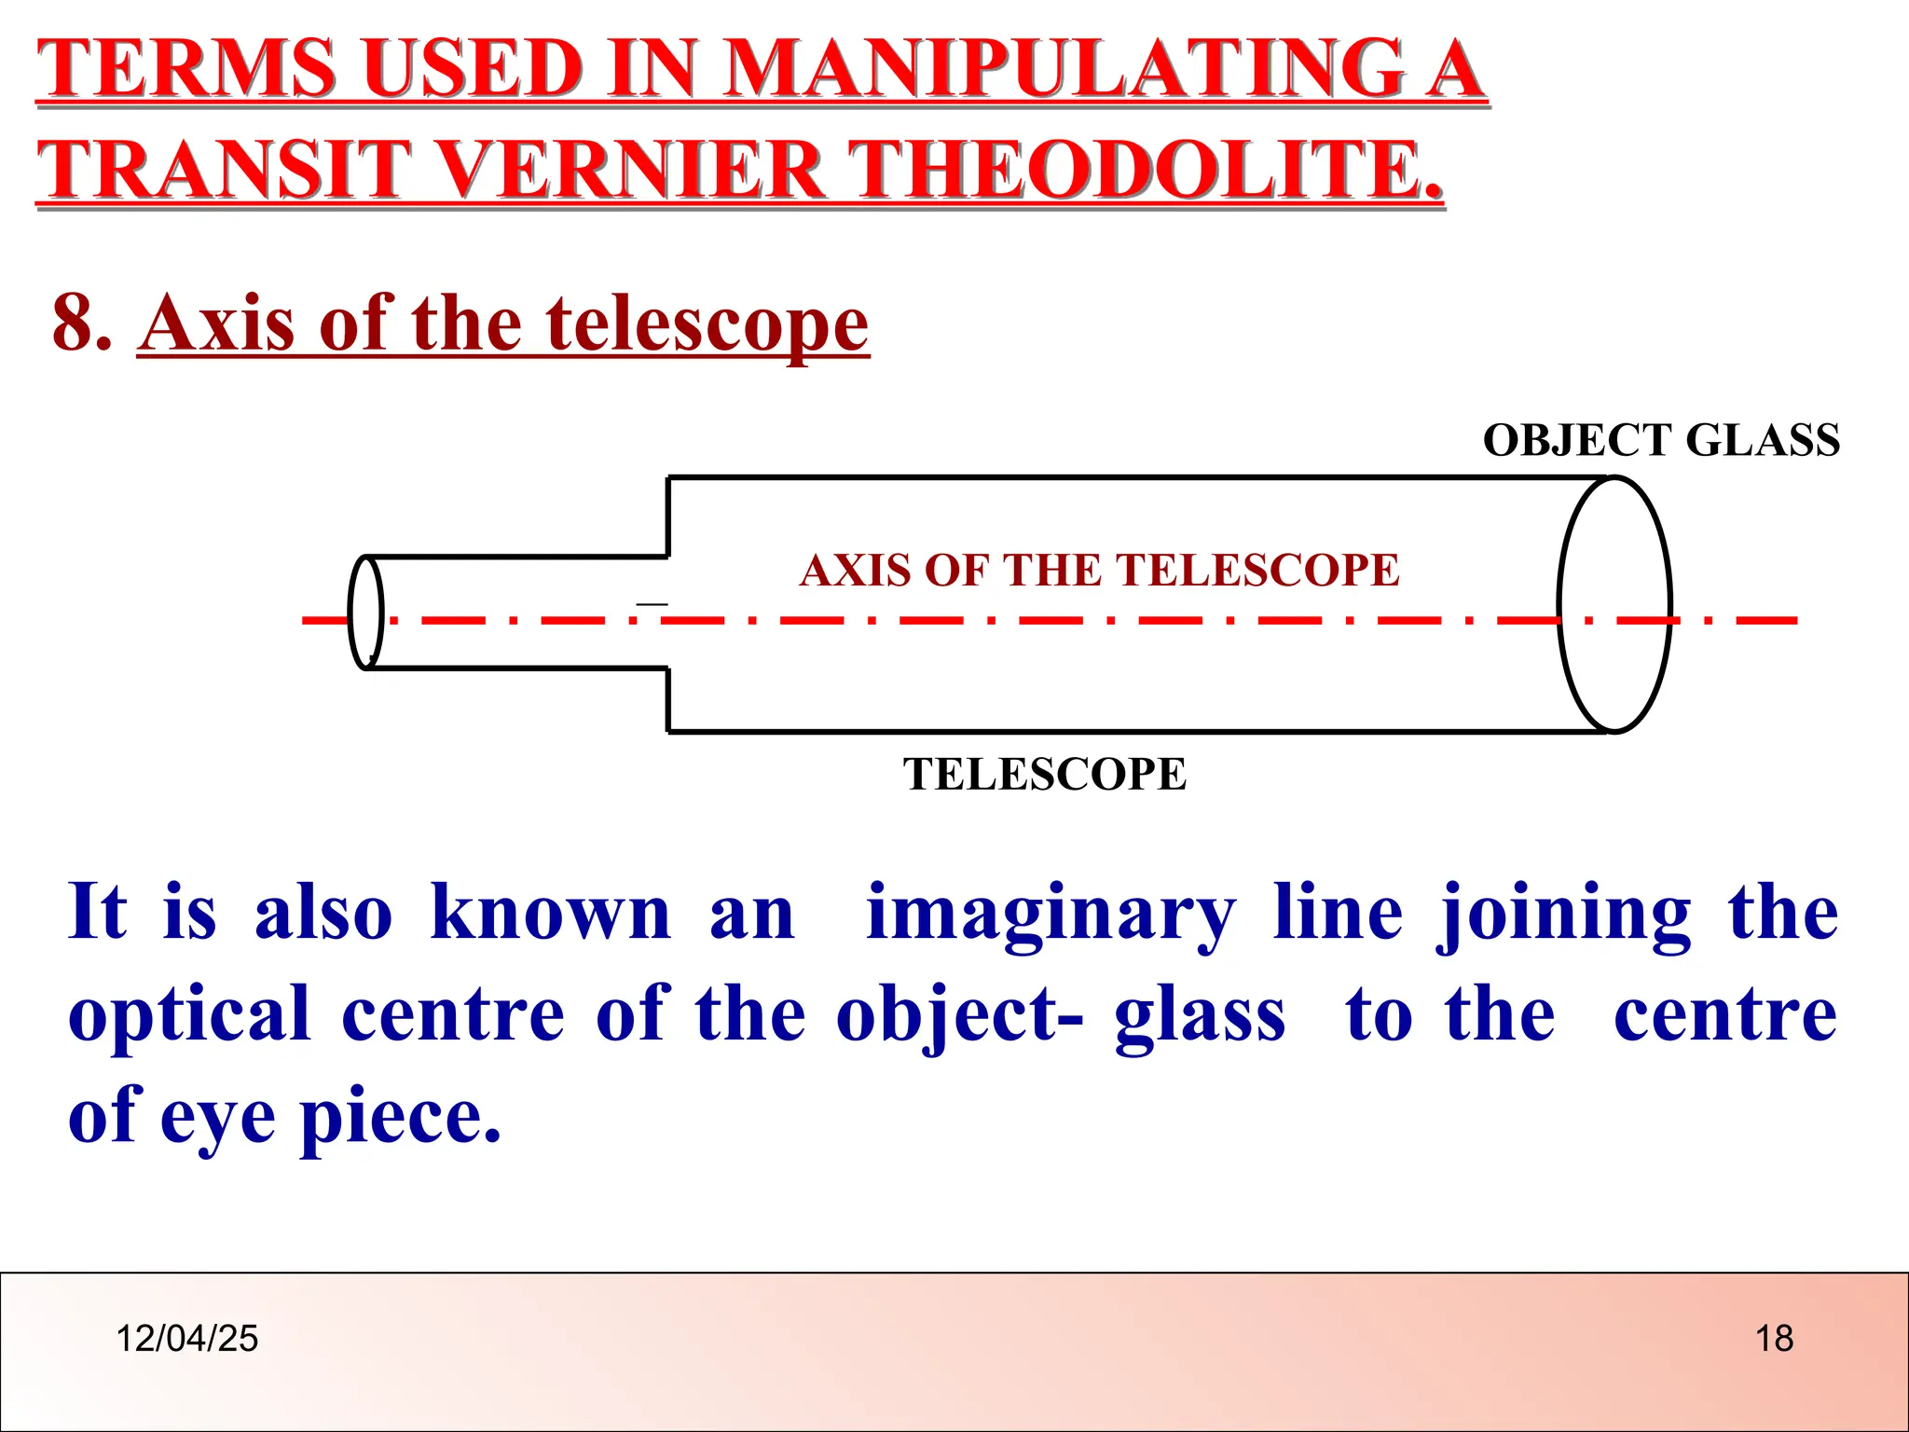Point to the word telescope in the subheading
pos(707,324)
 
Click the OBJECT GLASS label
pos(1661,440)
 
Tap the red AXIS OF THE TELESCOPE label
pos(1100,570)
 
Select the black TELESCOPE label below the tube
pos(1045,774)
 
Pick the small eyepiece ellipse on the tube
pos(365,613)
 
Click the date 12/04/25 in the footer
pos(186,1339)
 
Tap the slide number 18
pos(1774,1339)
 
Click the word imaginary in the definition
pos(1051,915)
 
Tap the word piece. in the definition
pos(401,1118)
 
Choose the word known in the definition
pos(551,915)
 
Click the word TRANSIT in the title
pos(224,170)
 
